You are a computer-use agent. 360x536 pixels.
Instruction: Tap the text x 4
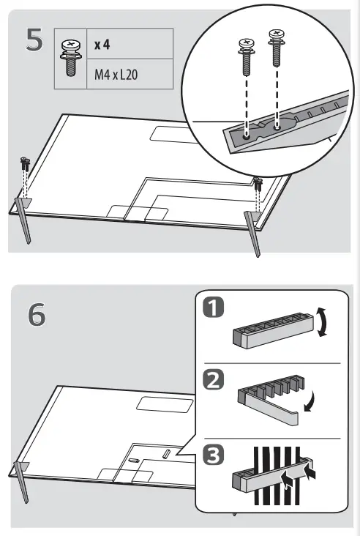click(x=102, y=45)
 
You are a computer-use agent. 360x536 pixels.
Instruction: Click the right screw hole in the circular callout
click(x=277, y=126)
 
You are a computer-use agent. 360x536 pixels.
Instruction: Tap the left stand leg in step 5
click(x=23, y=220)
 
